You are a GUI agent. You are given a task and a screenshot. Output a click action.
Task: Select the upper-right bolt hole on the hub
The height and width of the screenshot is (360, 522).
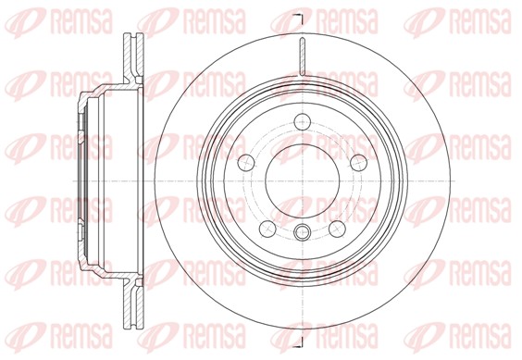[355, 160]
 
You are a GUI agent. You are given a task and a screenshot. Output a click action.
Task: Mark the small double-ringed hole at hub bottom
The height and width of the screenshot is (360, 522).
[302, 232]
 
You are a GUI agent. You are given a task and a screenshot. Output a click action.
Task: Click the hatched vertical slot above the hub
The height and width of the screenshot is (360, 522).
[302, 56]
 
